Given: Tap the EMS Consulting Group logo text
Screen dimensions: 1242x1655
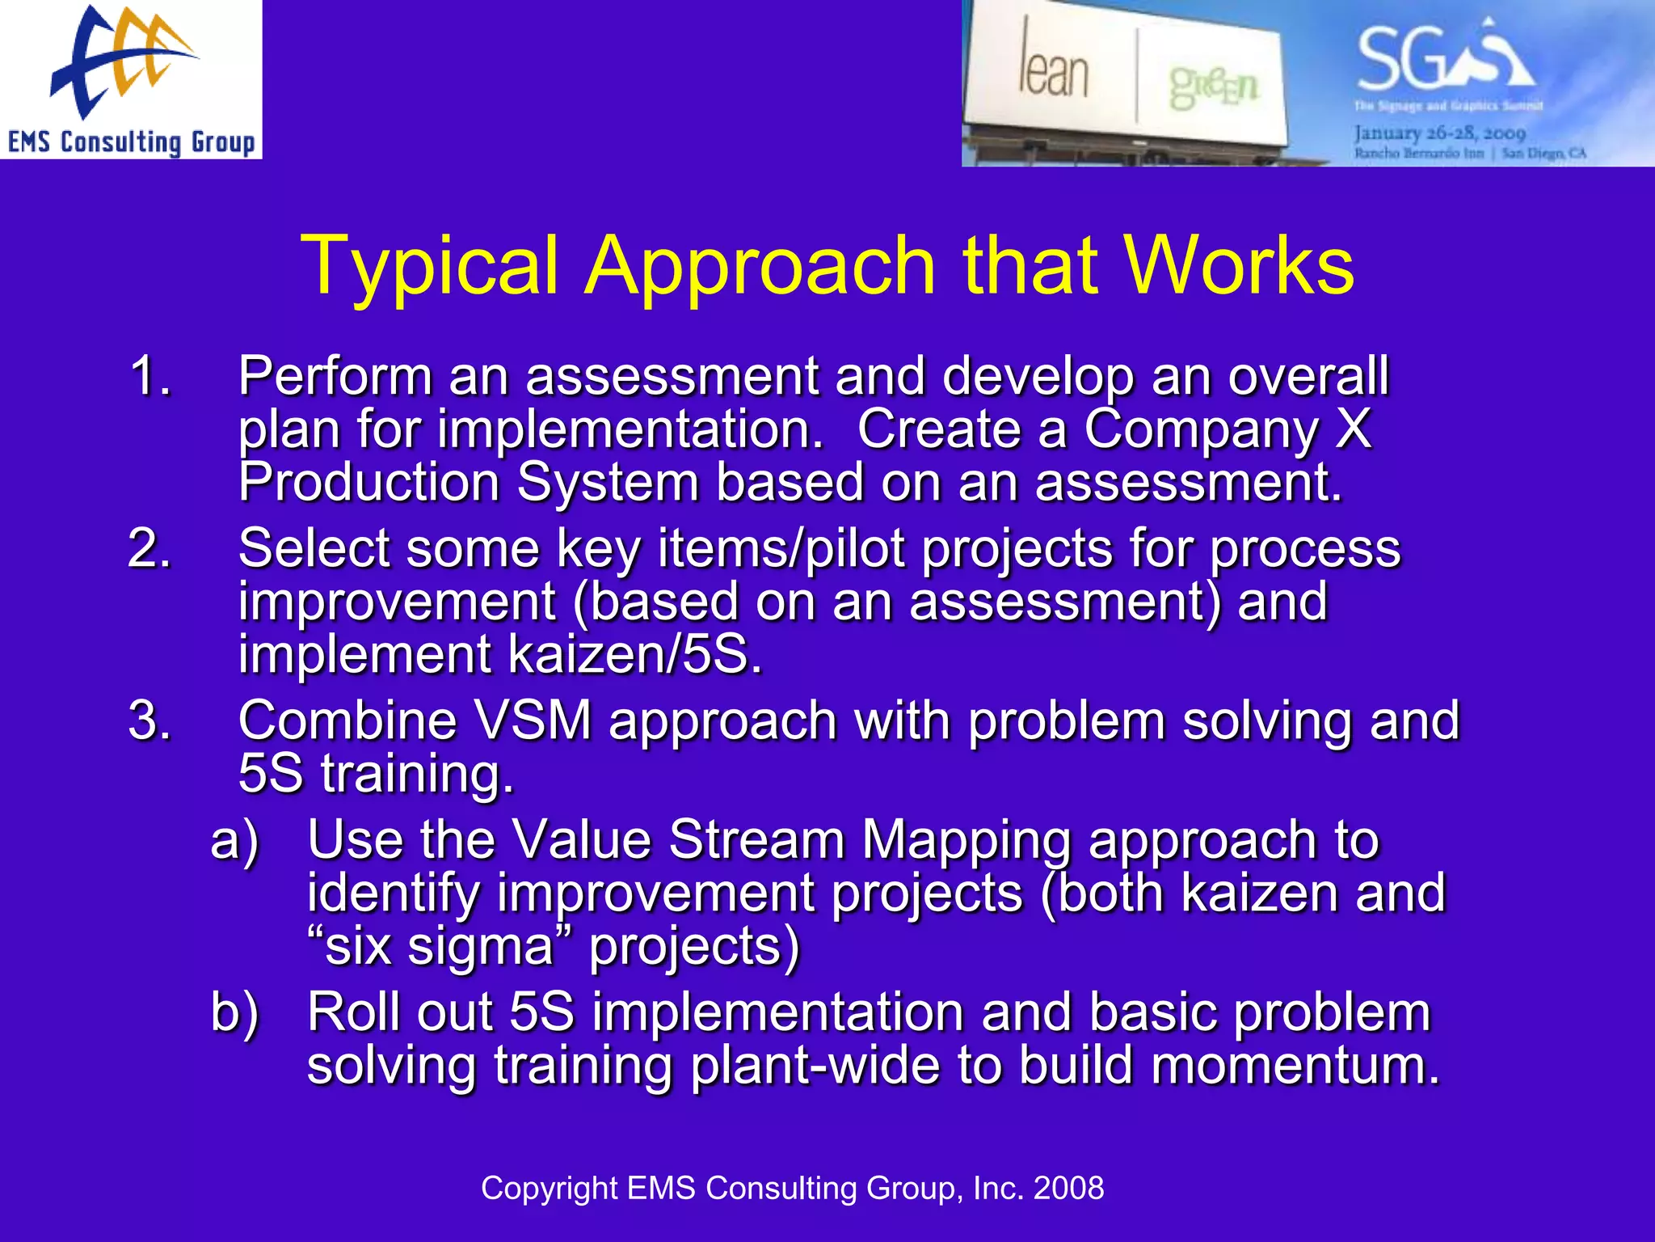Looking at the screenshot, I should click(x=131, y=142).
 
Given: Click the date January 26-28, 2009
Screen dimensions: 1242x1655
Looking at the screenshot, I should click(x=1439, y=133).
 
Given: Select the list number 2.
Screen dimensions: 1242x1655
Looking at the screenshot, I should click(x=149, y=548).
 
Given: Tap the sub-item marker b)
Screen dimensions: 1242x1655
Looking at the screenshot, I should click(x=234, y=1012).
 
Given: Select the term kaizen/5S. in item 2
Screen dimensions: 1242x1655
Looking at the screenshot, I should click(x=635, y=655).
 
